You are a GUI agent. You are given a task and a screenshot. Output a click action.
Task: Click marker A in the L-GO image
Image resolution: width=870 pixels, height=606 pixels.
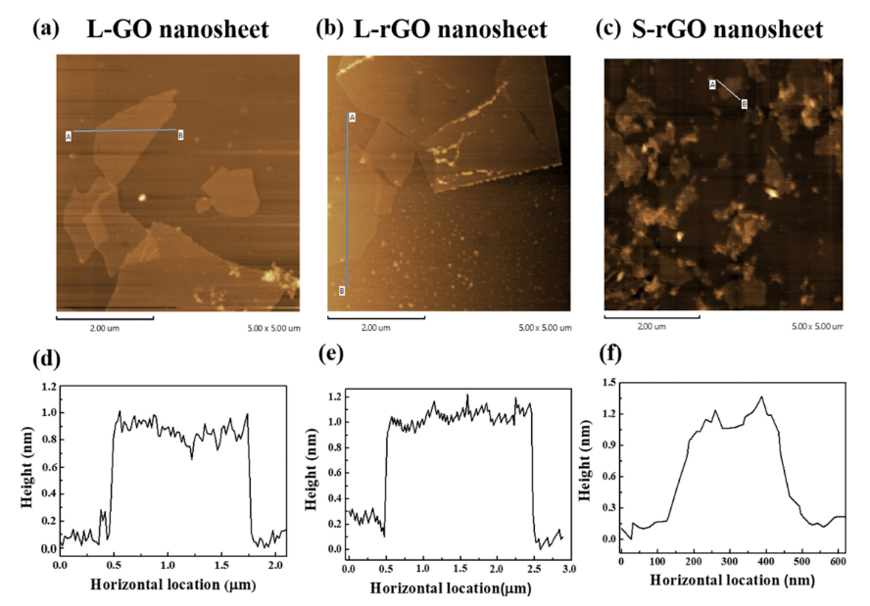(69, 135)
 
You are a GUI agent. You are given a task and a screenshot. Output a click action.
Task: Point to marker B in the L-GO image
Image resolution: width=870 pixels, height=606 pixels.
(181, 135)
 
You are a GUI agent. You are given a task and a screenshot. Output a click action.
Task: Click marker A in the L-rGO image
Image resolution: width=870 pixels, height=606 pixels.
(351, 117)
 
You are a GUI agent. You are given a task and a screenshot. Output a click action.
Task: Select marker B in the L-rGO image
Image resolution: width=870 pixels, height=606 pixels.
(343, 290)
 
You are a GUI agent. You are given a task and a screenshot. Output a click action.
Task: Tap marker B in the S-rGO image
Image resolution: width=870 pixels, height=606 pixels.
(744, 103)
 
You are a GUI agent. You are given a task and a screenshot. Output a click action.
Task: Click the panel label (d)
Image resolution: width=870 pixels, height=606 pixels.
(46, 359)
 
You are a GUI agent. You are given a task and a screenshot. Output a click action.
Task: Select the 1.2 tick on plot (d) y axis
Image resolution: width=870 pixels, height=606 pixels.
(48, 388)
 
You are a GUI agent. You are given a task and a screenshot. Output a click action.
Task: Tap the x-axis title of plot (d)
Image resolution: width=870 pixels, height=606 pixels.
(173, 585)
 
